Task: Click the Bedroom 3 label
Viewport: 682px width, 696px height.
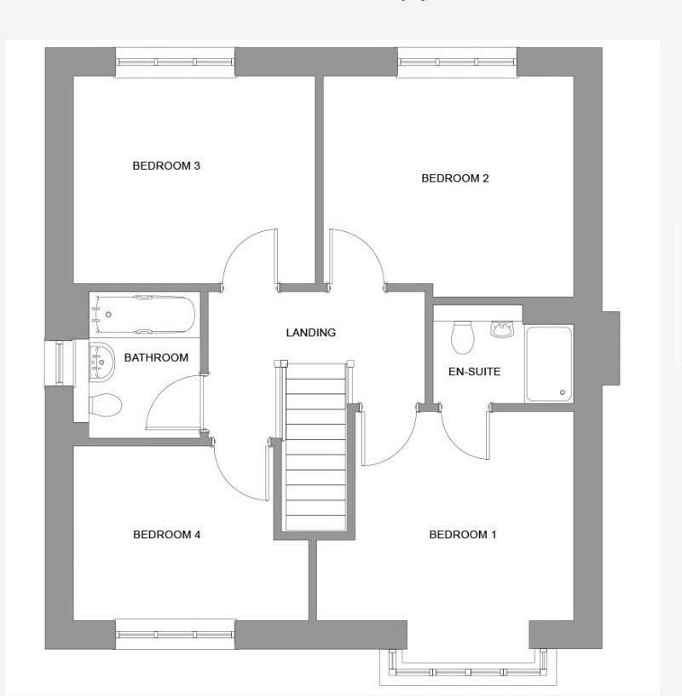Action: pyautogui.click(x=166, y=165)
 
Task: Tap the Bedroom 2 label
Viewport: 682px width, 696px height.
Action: pyautogui.click(x=455, y=178)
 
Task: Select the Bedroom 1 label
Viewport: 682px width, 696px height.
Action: pyautogui.click(x=462, y=535)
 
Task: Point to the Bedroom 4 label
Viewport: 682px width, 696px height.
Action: pyautogui.click(x=166, y=535)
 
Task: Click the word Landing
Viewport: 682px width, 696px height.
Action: pyautogui.click(x=310, y=333)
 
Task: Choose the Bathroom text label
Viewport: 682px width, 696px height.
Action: pyautogui.click(x=156, y=357)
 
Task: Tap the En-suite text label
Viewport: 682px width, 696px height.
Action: pyautogui.click(x=474, y=372)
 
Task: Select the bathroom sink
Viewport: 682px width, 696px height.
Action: pyautogui.click(x=101, y=361)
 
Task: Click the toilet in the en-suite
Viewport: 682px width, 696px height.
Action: pyautogui.click(x=463, y=337)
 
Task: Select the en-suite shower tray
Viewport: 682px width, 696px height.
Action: pyautogui.click(x=549, y=362)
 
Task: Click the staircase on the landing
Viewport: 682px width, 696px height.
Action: pyautogui.click(x=315, y=448)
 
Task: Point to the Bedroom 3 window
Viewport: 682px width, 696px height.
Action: pyautogui.click(x=175, y=61)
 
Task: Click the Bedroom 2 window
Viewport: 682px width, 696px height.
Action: pyautogui.click(x=457, y=61)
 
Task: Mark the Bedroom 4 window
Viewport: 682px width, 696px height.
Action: pyautogui.click(x=175, y=634)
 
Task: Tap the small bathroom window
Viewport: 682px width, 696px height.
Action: pyautogui.click(x=58, y=362)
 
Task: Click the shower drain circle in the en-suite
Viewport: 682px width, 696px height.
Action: pyautogui.click(x=563, y=392)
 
